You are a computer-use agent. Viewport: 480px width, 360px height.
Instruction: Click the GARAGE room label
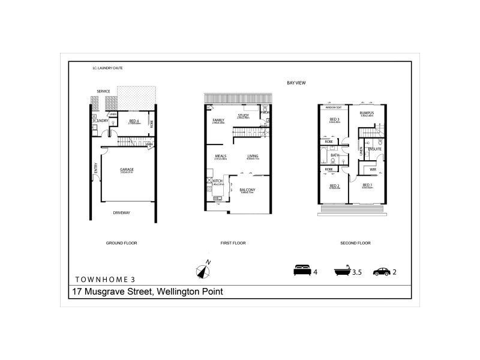click(126, 169)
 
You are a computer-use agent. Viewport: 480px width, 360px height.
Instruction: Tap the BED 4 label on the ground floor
click(135, 121)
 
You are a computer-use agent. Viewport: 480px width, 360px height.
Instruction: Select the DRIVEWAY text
click(122, 212)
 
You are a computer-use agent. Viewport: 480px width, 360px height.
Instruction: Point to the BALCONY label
click(248, 190)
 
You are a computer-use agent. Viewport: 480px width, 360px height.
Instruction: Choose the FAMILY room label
click(218, 120)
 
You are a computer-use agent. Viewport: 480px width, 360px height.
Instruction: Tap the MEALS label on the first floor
click(220, 156)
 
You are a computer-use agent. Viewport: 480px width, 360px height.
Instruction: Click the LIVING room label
click(253, 156)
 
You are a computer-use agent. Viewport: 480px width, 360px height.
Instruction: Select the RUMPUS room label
click(367, 113)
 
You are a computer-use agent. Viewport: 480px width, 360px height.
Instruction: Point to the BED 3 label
click(334, 119)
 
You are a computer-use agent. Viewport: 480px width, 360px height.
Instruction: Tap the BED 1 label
click(367, 185)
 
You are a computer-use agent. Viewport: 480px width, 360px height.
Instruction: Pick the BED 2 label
click(334, 185)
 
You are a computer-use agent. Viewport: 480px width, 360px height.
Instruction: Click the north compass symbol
click(203, 271)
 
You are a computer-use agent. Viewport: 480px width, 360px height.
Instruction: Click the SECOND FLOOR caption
click(355, 243)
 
